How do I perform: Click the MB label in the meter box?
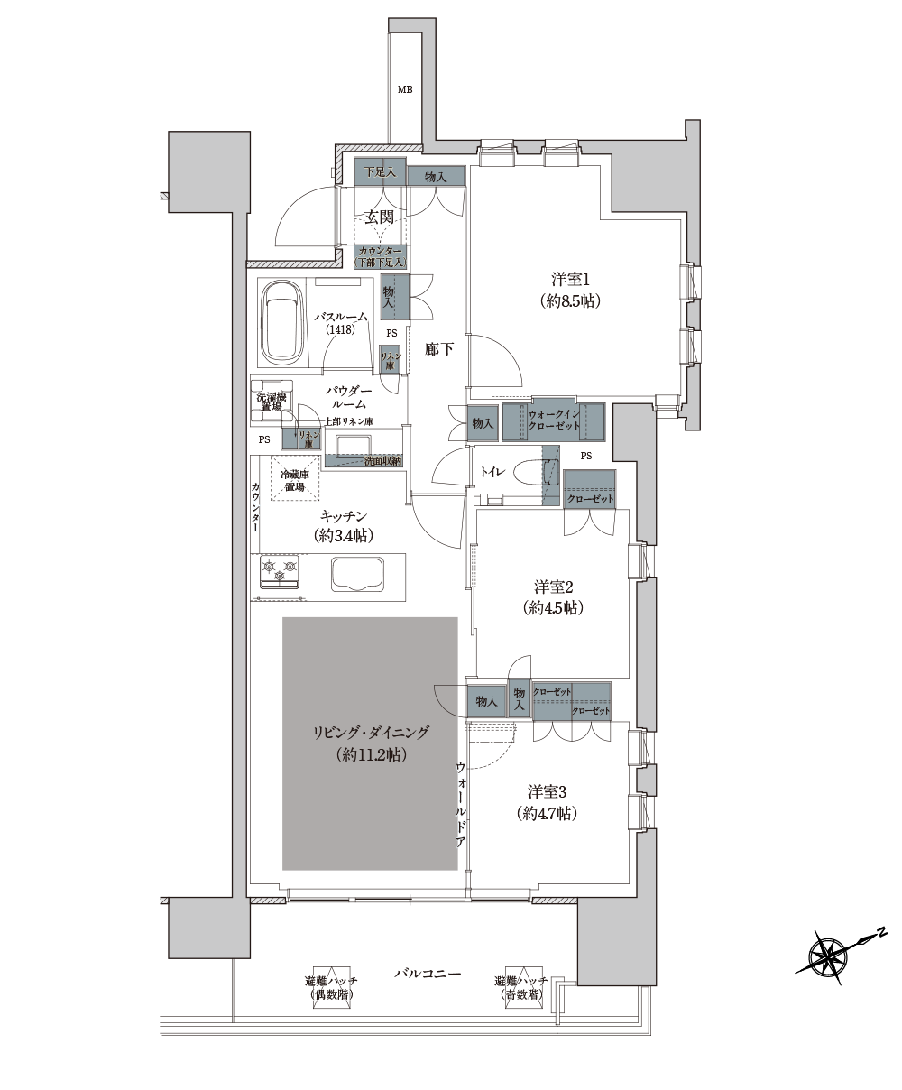(x=404, y=89)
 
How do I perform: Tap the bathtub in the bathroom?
(x=281, y=325)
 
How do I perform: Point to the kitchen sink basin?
(x=357, y=574)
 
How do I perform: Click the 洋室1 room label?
(x=571, y=280)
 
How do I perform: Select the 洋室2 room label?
(x=554, y=587)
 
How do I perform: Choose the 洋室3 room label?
(x=547, y=792)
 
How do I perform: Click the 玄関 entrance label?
(x=380, y=217)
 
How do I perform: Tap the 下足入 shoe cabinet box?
(x=380, y=171)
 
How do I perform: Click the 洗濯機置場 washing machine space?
(x=272, y=402)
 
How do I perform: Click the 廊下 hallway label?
(x=438, y=349)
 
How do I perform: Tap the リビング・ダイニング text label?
(x=371, y=733)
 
